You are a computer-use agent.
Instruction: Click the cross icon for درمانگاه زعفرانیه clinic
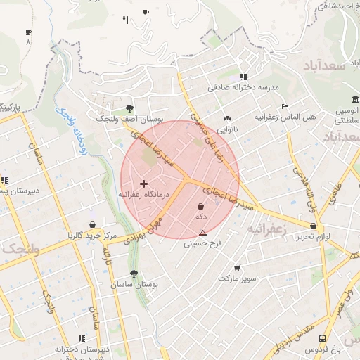[x=144, y=184]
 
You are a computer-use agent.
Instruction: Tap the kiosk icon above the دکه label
[x=202, y=207]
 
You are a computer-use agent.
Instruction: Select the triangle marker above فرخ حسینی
[x=203, y=233]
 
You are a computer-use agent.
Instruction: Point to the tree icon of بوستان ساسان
[x=134, y=274]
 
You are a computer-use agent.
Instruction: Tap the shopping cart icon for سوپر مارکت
[x=236, y=267]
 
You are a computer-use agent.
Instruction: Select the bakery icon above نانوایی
[x=226, y=119]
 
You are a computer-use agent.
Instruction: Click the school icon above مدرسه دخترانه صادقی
[x=243, y=77]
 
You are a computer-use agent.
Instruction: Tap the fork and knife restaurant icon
[x=125, y=20]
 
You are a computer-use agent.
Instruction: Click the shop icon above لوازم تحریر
[x=313, y=226]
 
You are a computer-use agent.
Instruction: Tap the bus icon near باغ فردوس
[x=322, y=337]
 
